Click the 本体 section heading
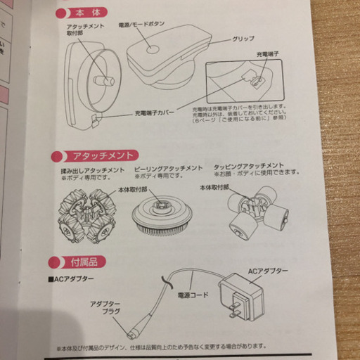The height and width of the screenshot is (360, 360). (x=82, y=12)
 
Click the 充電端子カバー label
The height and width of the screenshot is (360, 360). (x=155, y=112)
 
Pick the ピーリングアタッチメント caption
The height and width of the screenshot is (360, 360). (x=167, y=169)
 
